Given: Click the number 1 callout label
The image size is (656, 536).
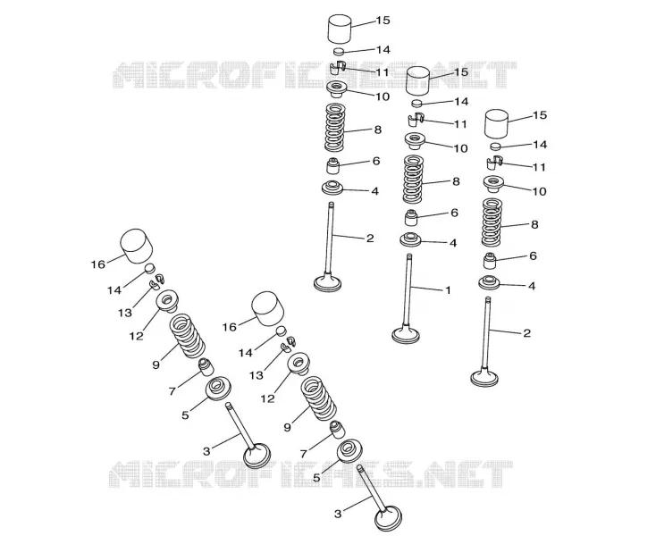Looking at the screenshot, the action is [x=448, y=290].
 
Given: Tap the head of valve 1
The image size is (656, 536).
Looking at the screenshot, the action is [x=406, y=334].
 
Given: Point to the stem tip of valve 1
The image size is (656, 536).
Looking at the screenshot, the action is [x=408, y=255].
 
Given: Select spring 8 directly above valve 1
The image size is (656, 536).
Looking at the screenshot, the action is [x=413, y=179].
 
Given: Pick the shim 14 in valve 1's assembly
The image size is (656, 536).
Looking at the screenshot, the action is [x=418, y=104].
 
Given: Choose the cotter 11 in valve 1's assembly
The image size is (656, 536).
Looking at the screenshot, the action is [x=416, y=120].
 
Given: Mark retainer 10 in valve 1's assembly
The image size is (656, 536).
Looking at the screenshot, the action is [x=415, y=141].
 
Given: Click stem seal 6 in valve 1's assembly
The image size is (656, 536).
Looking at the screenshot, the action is [x=411, y=217].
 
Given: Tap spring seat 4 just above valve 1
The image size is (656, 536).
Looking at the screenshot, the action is [x=411, y=239].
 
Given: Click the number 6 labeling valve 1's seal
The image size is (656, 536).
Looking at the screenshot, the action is [x=454, y=213].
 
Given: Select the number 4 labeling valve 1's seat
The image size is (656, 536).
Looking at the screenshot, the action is [x=452, y=243].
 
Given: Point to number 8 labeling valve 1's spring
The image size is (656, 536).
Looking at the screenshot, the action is [x=456, y=181].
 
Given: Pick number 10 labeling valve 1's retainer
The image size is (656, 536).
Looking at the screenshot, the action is [x=460, y=148].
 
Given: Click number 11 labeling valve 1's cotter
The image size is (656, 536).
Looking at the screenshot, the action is [x=460, y=124].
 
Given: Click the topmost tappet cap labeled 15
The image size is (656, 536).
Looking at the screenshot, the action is [x=339, y=29].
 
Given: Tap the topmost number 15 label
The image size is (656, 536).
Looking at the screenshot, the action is [x=383, y=20].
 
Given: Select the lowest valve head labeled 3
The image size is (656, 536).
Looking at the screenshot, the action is [x=388, y=517].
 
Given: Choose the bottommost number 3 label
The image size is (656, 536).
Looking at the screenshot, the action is [x=338, y=514].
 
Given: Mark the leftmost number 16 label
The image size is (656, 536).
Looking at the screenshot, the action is [x=98, y=264].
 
